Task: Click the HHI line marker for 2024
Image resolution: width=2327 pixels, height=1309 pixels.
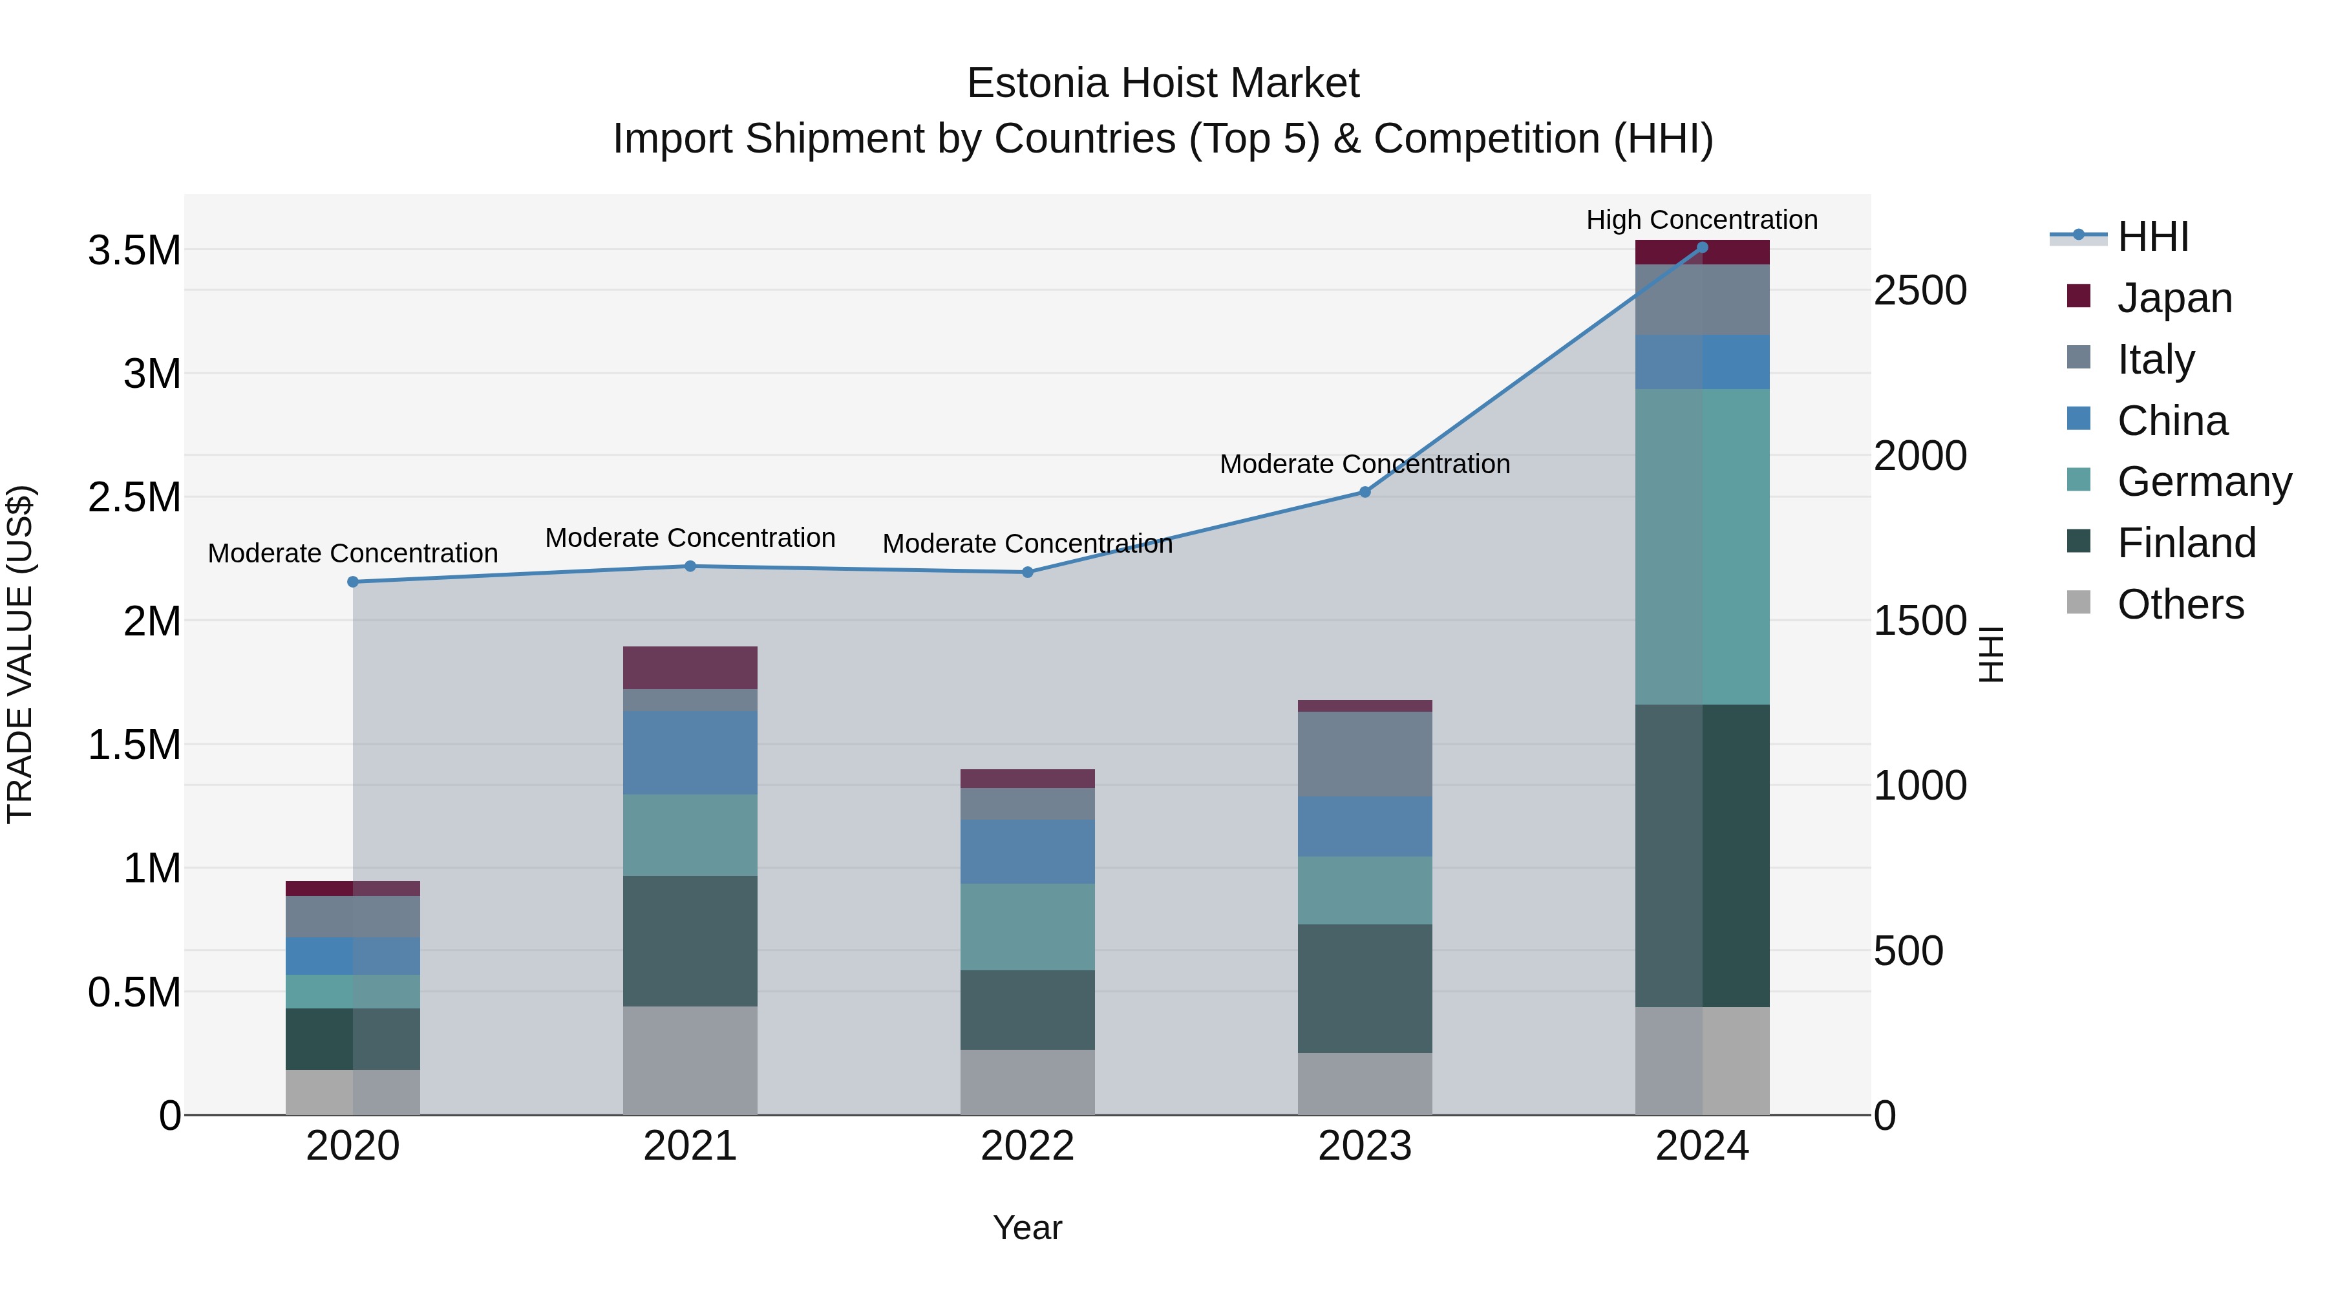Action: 1702,247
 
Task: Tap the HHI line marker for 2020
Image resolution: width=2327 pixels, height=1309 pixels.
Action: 353,582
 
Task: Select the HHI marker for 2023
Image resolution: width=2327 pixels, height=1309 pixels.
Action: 1365,493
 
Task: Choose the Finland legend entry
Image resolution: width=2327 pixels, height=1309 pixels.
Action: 2186,543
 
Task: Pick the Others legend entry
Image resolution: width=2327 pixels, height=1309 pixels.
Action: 2180,604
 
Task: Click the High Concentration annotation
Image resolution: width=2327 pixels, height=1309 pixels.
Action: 1702,220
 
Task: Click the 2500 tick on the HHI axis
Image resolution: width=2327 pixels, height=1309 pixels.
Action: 1920,291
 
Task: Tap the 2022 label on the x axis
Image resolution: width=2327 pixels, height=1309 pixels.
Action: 1027,1146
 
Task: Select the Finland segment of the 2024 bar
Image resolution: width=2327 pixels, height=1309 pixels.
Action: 1702,855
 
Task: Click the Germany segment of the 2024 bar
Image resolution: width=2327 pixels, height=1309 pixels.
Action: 1702,546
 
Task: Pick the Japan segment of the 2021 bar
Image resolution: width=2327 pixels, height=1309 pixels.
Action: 690,668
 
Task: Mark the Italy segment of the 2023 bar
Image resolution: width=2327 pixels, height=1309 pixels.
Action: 1365,754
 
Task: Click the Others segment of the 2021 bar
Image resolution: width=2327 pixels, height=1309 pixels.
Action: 690,1061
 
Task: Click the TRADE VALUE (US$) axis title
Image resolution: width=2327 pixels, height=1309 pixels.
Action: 20,654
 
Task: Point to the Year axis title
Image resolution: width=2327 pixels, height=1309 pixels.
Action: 1027,1228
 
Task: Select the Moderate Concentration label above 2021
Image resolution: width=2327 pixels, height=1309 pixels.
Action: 690,538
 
